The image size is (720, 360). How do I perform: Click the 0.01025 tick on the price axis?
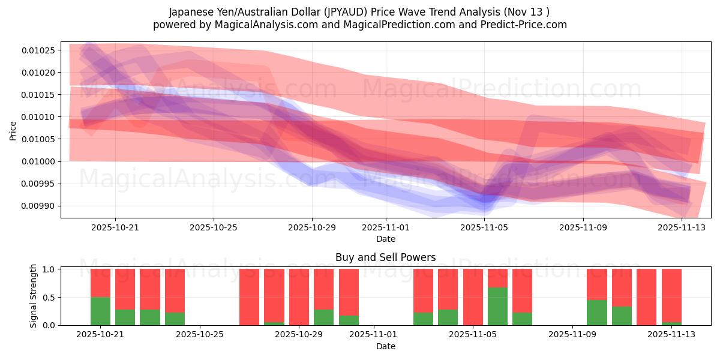38,50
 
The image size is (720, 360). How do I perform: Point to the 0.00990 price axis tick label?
38,206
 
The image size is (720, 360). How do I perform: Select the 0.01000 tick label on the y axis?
38,161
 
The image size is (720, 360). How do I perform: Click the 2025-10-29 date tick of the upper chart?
311,228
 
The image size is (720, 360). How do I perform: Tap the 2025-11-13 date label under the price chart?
682,228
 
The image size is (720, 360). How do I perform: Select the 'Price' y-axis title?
13,130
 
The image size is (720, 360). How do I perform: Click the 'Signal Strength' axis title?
34,296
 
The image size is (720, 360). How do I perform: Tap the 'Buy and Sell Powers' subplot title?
385,257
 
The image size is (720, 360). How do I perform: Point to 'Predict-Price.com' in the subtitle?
526,25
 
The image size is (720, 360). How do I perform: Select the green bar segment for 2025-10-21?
100,311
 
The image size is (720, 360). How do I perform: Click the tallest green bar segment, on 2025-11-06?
497,306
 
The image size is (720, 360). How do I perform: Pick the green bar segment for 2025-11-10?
596,312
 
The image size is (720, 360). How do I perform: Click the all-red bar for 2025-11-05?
473,296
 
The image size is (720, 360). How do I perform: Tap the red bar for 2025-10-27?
249,296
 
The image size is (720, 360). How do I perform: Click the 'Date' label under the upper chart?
385,239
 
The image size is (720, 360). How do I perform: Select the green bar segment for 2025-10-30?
349,320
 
